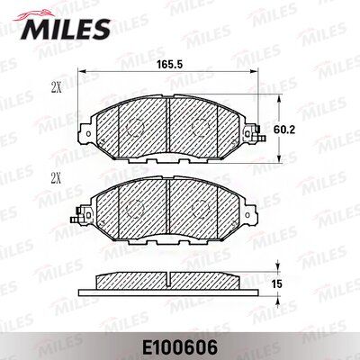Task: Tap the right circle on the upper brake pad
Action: click(207, 128)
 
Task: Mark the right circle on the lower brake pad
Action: click(207, 210)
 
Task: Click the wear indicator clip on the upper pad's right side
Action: click(260, 137)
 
